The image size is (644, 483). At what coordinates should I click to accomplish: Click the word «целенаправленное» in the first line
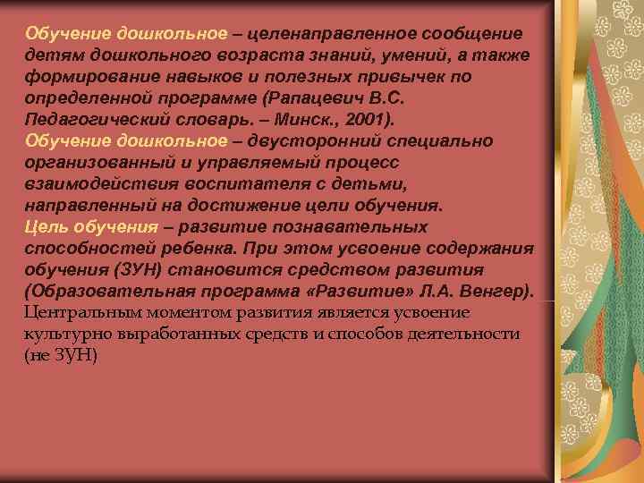coord(336,34)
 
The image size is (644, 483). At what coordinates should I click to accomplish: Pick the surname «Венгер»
coord(496,291)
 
